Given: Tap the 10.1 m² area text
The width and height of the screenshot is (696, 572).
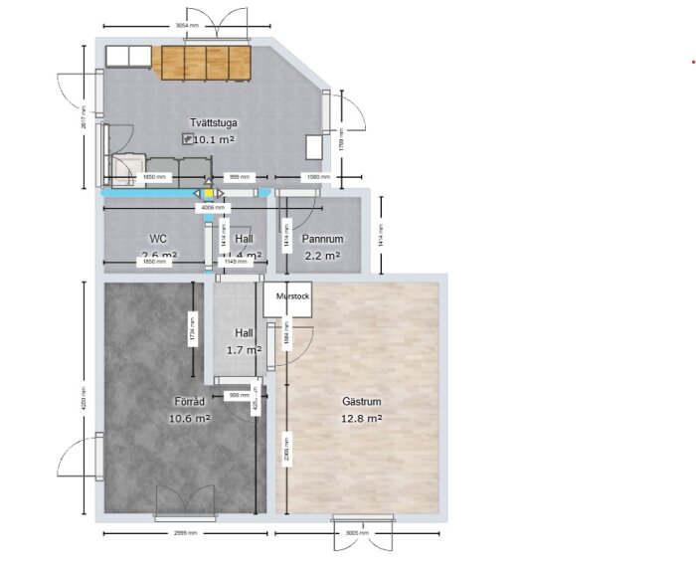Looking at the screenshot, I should (214, 140).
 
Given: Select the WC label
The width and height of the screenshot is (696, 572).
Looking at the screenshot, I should (157, 239).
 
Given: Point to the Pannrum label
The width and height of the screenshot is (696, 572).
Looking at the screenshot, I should (323, 240).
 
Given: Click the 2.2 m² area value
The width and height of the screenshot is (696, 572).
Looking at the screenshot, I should (322, 256).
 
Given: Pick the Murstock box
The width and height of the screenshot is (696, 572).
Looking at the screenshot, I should (287, 297).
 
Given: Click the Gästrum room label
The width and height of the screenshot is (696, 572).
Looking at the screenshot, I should (362, 402).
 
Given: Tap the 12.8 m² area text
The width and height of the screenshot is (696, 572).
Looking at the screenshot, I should (362, 419).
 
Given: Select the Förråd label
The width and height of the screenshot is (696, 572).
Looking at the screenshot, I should (189, 402).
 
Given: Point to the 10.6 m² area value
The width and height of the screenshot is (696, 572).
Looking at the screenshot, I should (189, 419).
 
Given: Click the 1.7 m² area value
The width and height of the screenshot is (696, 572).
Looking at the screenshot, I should (244, 350).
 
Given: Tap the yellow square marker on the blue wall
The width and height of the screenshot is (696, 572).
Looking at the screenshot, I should (208, 193).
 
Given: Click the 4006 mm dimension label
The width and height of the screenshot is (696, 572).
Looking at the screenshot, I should (214, 208).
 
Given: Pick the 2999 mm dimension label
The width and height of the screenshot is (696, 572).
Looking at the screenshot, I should (186, 533).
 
